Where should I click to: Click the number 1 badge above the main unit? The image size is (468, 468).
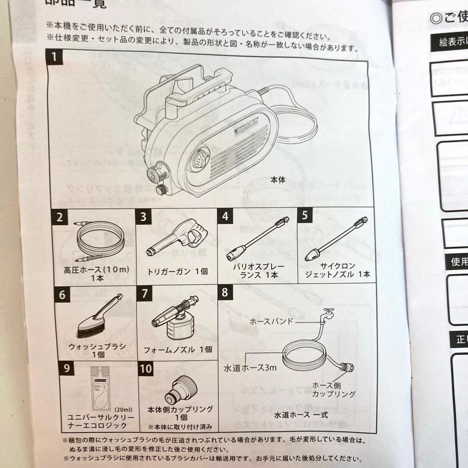point(54,57)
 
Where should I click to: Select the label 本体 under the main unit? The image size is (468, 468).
point(278,179)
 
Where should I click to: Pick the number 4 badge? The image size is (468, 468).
point(224,216)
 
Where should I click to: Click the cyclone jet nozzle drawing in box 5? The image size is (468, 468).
point(335,240)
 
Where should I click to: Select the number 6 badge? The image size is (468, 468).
point(62,295)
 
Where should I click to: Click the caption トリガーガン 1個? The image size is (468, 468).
point(178,272)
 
